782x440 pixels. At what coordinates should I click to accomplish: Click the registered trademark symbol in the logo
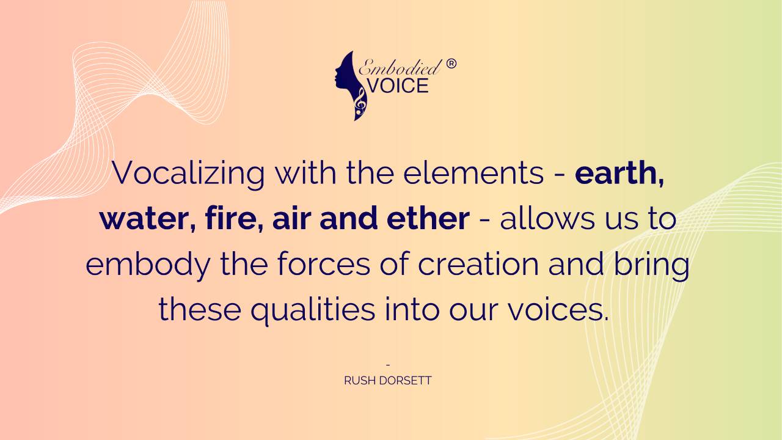coord(451,64)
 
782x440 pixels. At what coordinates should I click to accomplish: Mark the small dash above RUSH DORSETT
coord(388,365)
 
